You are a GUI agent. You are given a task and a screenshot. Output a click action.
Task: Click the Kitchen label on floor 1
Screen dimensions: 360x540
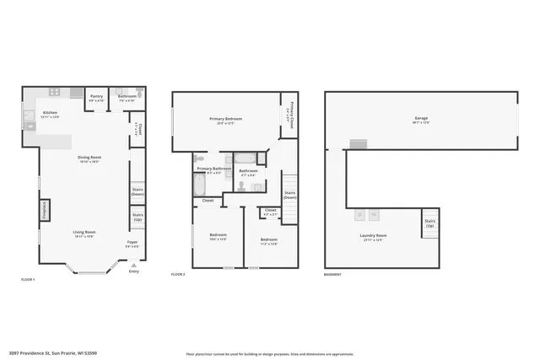pyautogui.click(x=51, y=113)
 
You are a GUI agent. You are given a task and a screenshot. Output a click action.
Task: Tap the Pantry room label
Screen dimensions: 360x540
pyautogui.click(x=97, y=97)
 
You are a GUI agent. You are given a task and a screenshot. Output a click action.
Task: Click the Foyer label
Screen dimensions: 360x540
pyautogui.click(x=133, y=244)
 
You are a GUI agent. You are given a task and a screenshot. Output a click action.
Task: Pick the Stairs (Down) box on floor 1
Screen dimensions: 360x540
pyautogui.click(x=138, y=191)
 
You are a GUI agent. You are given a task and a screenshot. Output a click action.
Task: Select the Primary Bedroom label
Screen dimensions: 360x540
pyautogui.click(x=225, y=120)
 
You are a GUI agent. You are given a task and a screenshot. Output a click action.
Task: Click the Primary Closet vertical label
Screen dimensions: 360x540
pyautogui.click(x=288, y=115)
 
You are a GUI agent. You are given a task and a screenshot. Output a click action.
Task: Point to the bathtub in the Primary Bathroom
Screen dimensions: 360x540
pyautogui.click(x=204, y=184)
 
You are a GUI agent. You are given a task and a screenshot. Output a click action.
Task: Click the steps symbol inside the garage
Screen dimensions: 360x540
pyautogui.click(x=359, y=144)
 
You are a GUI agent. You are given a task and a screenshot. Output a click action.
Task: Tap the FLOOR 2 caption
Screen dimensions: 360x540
pyautogui.click(x=178, y=275)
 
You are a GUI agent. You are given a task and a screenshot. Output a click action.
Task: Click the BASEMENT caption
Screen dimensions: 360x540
pyautogui.click(x=333, y=275)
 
